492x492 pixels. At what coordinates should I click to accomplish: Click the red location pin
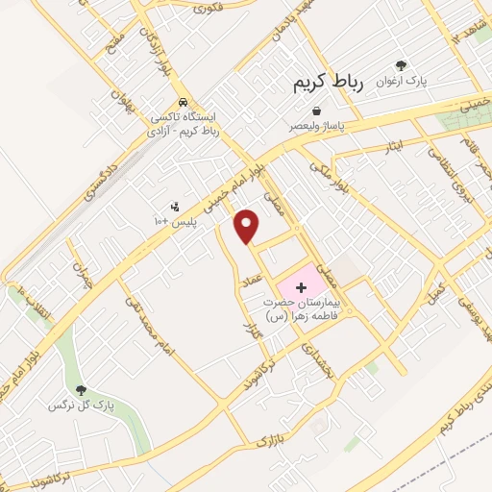(x=248, y=226)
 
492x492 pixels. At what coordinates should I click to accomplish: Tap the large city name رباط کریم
(x=327, y=85)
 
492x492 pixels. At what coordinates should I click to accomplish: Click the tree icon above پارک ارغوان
(x=401, y=66)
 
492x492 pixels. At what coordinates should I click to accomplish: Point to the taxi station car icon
(x=184, y=102)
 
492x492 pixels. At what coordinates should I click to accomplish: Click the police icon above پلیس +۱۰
(x=175, y=206)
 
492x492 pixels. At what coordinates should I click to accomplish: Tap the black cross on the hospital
(x=301, y=286)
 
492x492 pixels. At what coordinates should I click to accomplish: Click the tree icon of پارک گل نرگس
(x=81, y=390)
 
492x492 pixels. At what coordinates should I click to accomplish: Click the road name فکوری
(x=207, y=9)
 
